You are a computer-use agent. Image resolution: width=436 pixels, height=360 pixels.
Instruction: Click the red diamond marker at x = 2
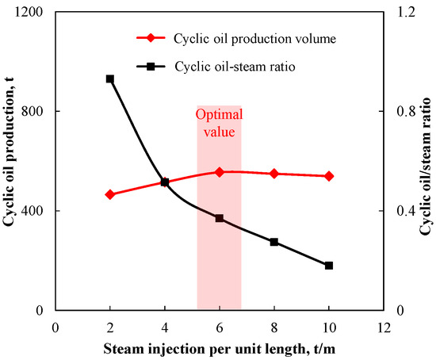[x=110, y=194]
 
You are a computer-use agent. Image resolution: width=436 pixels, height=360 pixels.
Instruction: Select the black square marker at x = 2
[x=110, y=79]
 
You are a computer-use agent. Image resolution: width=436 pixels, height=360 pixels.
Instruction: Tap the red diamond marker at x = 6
[x=220, y=171]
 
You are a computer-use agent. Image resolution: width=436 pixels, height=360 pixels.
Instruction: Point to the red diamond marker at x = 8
[x=274, y=174]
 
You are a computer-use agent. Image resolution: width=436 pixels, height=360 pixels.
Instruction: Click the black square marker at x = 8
[x=274, y=242]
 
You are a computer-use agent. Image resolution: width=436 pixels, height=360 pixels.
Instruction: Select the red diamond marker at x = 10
[x=329, y=176]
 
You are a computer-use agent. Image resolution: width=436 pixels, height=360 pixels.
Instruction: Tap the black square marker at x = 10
[x=329, y=266]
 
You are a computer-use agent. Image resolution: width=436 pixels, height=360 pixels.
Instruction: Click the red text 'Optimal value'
[x=219, y=124]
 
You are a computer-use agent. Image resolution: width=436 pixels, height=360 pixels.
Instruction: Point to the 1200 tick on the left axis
[x=33, y=13]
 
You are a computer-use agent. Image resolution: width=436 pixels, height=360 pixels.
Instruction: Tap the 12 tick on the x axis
[x=384, y=326]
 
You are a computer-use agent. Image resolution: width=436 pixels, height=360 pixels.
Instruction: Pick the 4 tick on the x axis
[x=165, y=326]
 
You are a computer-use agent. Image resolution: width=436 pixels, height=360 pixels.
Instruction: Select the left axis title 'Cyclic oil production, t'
[x=10, y=161]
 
